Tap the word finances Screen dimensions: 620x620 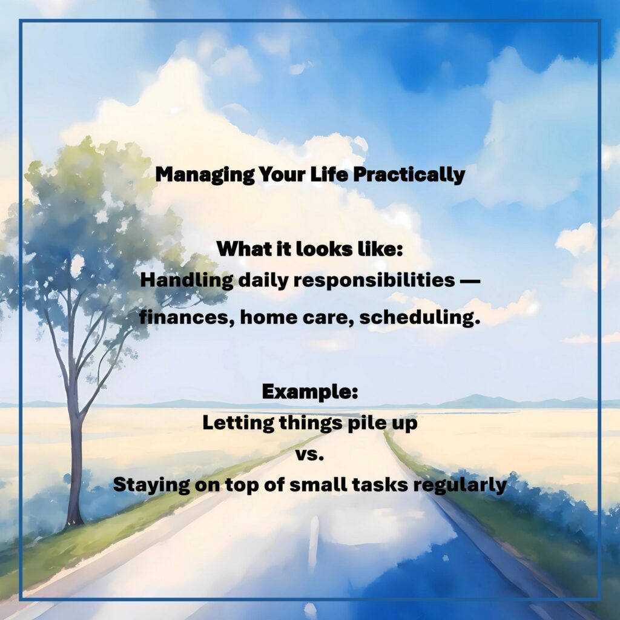(186, 318)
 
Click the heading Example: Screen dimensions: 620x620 (310, 392)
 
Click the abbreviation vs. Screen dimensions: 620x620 (310, 455)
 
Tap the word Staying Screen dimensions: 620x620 (151, 485)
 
